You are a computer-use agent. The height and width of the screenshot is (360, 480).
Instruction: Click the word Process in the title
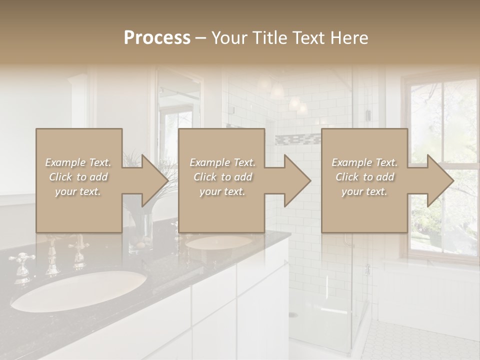(x=157, y=38)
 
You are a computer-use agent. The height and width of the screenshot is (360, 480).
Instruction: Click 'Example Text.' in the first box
(x=78, y=162)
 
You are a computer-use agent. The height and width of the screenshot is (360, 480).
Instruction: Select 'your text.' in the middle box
(x=222, y=191)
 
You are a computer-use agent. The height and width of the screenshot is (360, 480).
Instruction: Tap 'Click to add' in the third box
(x=365, y=177)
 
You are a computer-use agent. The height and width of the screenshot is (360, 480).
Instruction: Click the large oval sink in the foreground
(x=79, y=290)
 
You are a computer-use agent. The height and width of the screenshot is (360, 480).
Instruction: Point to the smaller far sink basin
(x=219, y=242)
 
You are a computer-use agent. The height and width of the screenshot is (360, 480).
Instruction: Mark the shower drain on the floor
(x=293, y=315)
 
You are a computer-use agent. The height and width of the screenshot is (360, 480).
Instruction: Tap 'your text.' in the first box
(x=78, y=191)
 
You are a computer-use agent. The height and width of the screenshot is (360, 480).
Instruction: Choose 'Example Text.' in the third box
(x=365, y=162)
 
